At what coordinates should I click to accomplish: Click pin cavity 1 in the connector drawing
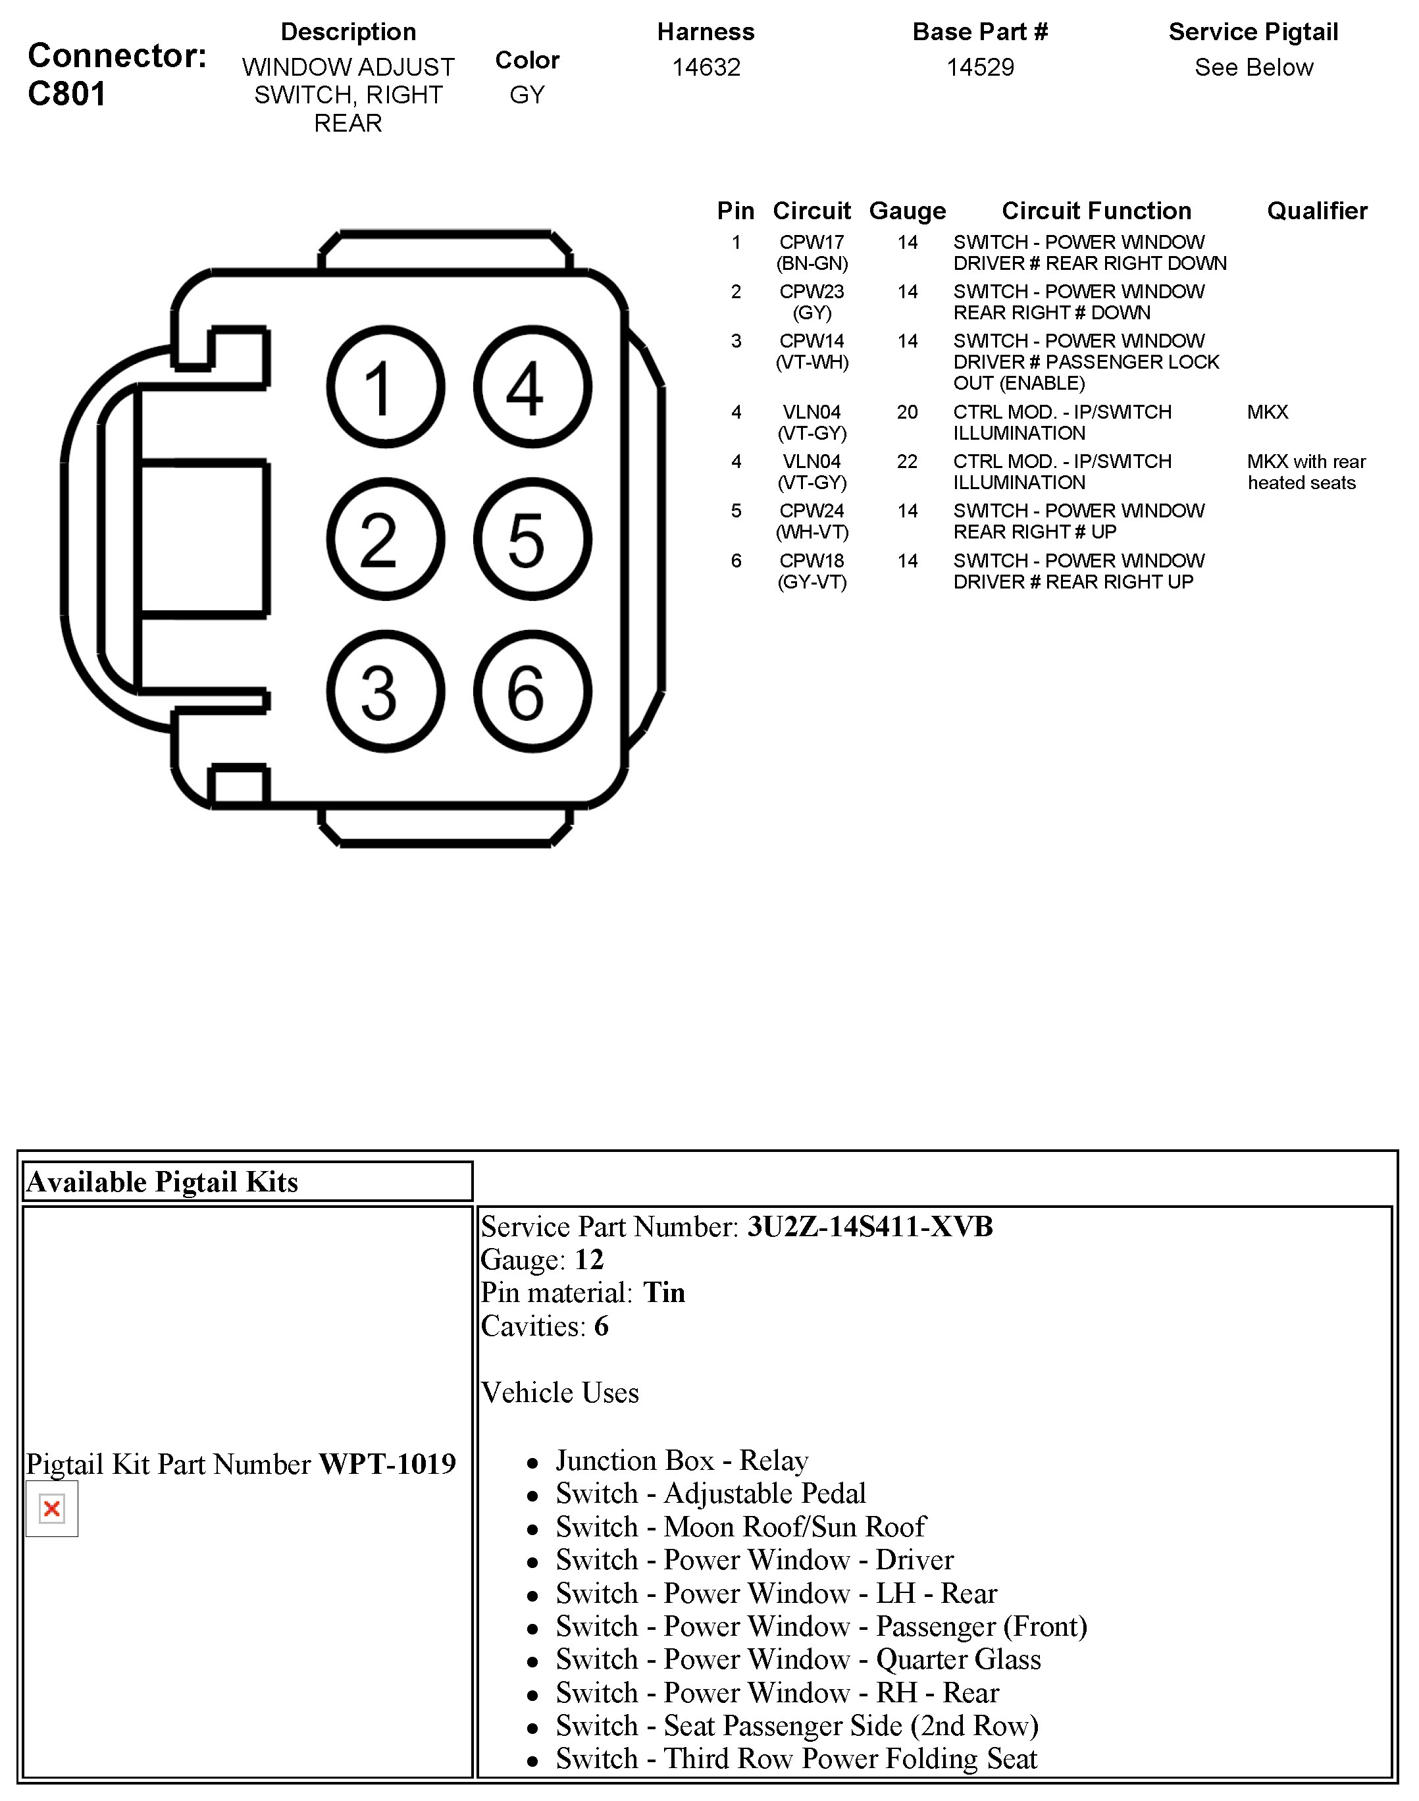(x=386, y=387)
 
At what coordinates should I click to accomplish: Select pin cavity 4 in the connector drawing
(x=532, y=387)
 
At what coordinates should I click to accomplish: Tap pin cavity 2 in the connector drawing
(x=386, y=539)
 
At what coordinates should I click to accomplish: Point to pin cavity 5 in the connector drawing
(x=532, y=539)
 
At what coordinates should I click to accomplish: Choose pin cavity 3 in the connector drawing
(x=386, y=691)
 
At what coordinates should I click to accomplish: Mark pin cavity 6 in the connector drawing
(x=532, y=691)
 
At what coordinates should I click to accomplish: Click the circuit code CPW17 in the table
(x=812, y=243)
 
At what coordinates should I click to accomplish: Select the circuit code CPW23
(x=812, y=292)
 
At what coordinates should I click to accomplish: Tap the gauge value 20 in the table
(x=907, y=412)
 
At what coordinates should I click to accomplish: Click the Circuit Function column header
(x=1096, y=211)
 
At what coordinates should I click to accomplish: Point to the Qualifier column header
(x=1317, y=211)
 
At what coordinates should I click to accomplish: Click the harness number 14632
(x=706, y=67)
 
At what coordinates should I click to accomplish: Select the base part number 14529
(x=981, y=67)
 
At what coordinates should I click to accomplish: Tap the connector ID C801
(x=66, y=94)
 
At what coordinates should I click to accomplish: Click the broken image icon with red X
(x=51, y=1508)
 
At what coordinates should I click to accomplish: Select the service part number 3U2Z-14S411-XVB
(x=870, y=1227)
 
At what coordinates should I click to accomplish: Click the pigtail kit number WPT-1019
(x=387, y=1464)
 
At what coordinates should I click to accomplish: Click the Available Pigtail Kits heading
(x=162, y=1182)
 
